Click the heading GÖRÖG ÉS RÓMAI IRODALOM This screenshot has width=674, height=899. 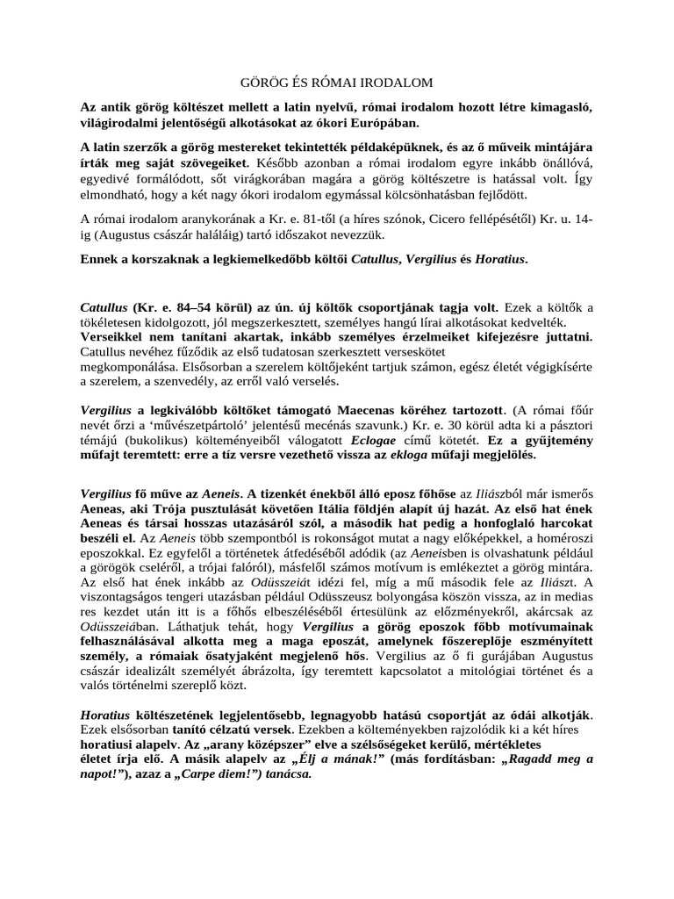tap(337, 83)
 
